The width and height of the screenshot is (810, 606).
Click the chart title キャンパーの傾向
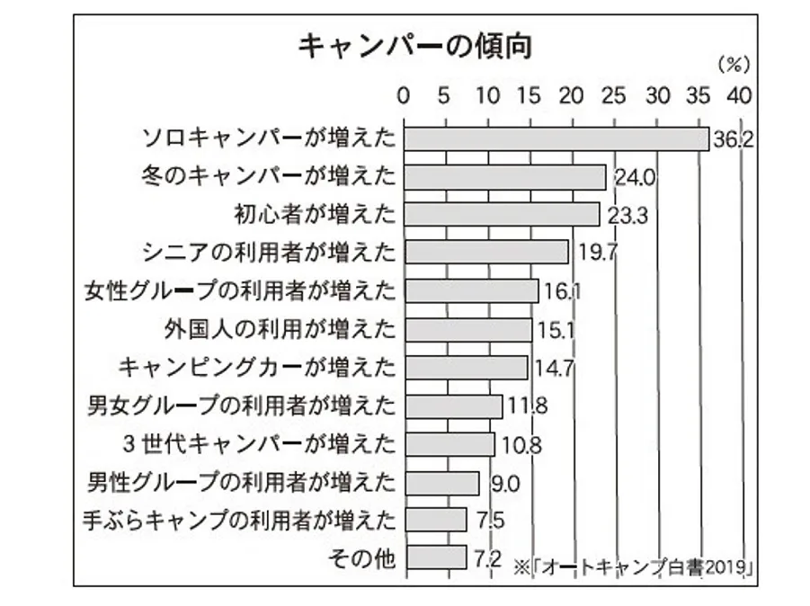pyautogui.click(x=414, y=47)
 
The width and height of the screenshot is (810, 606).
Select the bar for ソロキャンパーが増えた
pyautogui.click(x=556, y=138)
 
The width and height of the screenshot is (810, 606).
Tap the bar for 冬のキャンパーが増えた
pyautogui.click(x=504, y=176)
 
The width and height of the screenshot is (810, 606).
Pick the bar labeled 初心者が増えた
pyautogui.click(x=502, y=214)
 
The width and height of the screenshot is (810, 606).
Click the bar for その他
pyautogui.click(x=435, y=557)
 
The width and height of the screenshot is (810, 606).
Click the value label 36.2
pyautogui.click(x=731, y=139)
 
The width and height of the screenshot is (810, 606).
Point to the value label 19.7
pyautogui.click(x=596, y=253)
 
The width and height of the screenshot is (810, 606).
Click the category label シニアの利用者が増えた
pyautogui.click(x=269, y=252)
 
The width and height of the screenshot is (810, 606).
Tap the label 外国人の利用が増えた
pyautogui.click(x=280, y=328)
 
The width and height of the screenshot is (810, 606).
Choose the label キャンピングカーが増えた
pyautogui.click(x=257, y=367)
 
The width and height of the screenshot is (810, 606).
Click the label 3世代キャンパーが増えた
pyautogui.click(x=262, y=443)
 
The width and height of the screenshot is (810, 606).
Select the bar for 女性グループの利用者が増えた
pyautogui.click(x=471, y=290)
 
